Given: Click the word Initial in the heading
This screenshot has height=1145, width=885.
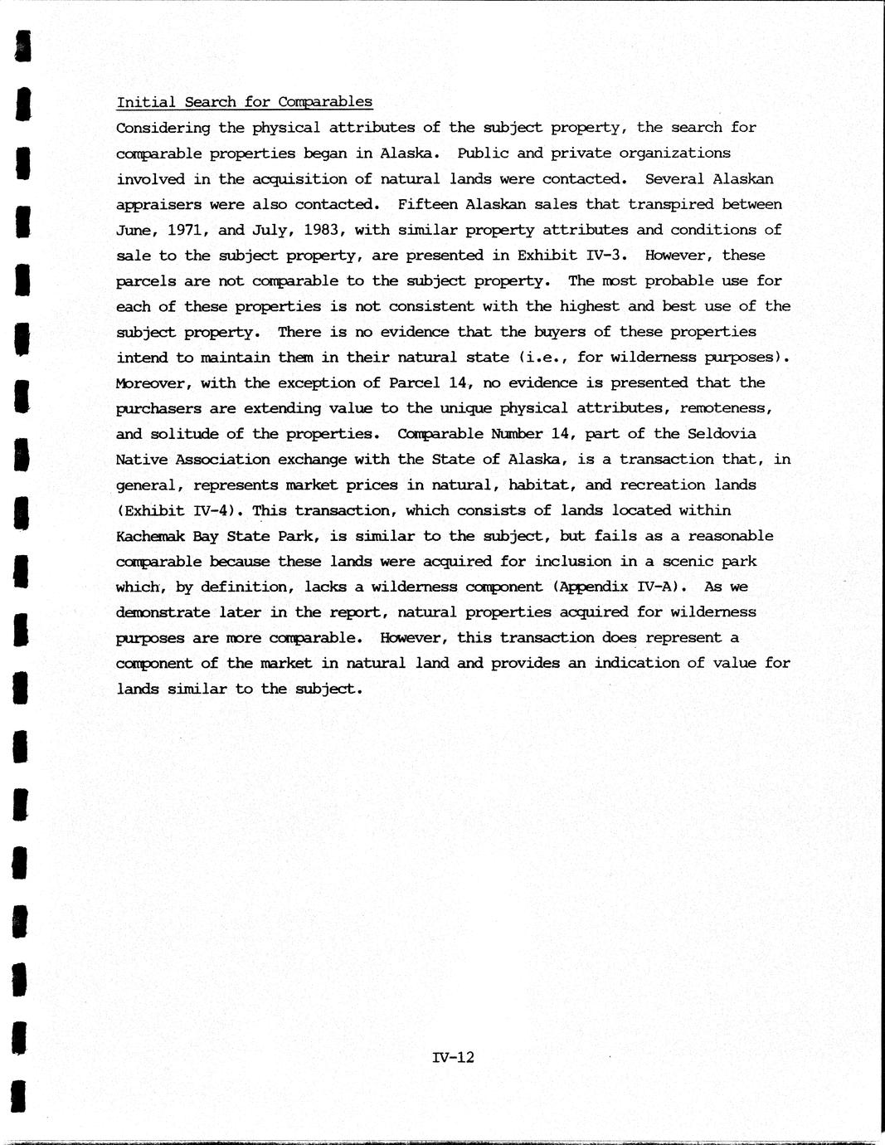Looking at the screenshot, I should click(145, 102).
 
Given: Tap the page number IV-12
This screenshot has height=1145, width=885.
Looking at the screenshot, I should click(453, 1057).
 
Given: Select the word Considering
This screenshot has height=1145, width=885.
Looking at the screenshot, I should click(163, 128).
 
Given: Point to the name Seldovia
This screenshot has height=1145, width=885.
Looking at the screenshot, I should click(722, 434).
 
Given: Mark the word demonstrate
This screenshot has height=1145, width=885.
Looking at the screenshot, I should click(158, 613).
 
